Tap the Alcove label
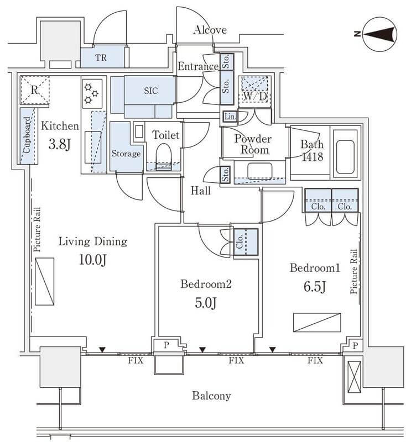click(210, 30)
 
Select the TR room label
click(101, 57)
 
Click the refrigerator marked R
click(34, 90)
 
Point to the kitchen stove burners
click(90, 94)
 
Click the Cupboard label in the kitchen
click(27, 136)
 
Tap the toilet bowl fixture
click(163, 156)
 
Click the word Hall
click(200, 191)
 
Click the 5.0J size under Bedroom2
click(205, 303)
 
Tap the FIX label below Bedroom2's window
click(236, 360)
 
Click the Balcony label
click(211, 396)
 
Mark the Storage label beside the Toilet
click(126, 154)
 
